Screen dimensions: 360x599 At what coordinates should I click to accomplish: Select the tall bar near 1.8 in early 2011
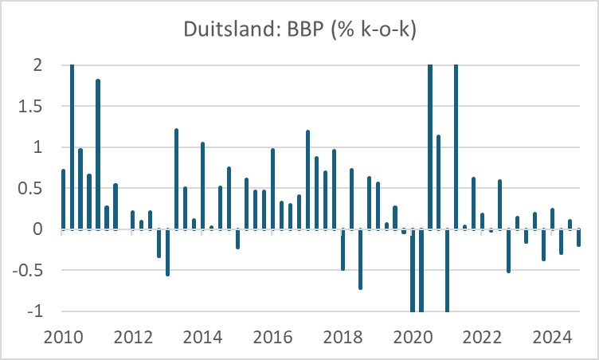click(x=98, y=155)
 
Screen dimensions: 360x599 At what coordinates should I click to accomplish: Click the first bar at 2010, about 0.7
click(x=63, y=199)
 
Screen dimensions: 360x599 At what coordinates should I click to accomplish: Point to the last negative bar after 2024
click(x=578, y=238)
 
